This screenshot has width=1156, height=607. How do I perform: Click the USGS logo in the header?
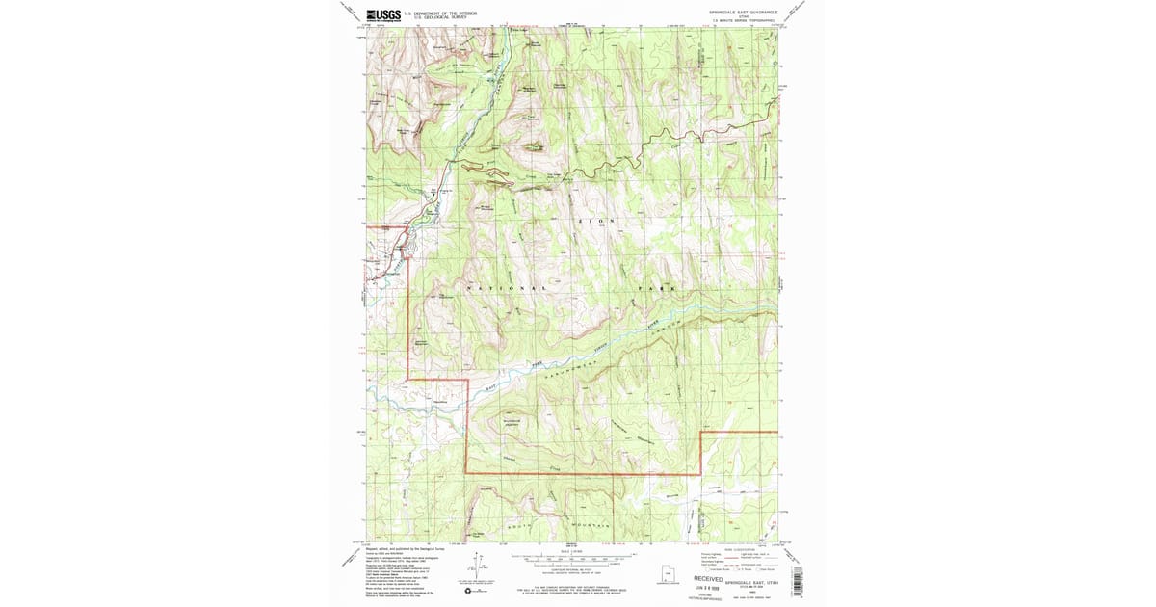pyautogui.click(x=384, y=14)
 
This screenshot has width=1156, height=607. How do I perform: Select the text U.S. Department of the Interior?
pyautogui.click(x=440, y=13)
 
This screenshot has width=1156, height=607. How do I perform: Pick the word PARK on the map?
pyautogui.click(x=655, y=289)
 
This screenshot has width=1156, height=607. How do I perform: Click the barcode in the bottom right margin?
pyautogui.click(x=796, y=578)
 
